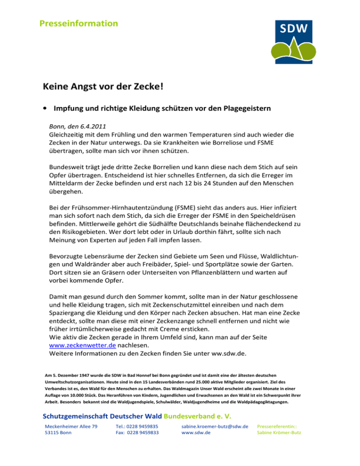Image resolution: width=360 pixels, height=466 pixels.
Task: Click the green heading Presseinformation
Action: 78,23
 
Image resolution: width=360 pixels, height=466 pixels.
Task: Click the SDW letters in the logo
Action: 294,29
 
